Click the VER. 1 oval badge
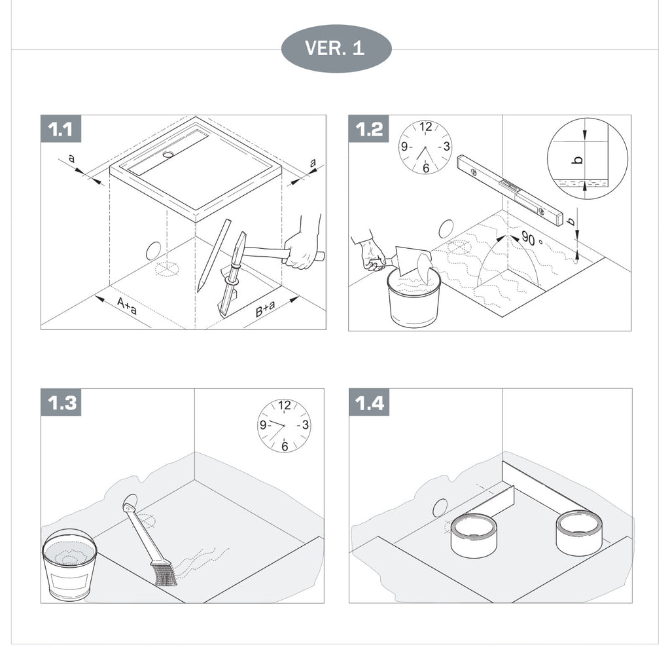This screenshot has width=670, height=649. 336,48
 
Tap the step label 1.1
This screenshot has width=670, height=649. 61,129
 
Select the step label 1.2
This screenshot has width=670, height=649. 369,129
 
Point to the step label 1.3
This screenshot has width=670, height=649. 61,402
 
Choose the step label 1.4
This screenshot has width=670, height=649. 369,402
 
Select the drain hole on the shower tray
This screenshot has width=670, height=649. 168,153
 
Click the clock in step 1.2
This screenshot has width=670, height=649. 425,147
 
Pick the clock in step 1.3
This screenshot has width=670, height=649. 284,425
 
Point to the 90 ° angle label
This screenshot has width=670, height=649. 531,239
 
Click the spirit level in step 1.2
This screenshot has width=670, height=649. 510,191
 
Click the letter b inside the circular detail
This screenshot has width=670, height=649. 577,160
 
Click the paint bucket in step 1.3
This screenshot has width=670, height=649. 69,565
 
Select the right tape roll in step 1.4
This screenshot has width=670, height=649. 579,532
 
